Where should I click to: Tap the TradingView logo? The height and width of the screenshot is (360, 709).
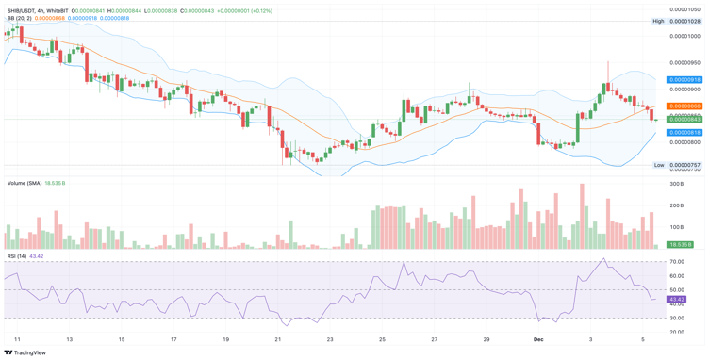[25, 352]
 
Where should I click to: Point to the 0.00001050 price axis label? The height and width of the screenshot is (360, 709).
[684, 9]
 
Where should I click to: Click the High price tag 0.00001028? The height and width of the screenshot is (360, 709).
[684, 21]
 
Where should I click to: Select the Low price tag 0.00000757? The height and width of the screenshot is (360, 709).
[684, 165]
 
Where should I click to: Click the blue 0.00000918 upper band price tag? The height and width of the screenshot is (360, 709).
[684, 80]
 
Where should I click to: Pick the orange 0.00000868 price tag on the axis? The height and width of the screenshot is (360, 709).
[684, 106]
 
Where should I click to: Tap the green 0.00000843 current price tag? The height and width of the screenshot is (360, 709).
[684, 120]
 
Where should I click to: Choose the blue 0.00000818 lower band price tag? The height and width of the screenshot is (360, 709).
[684, 133]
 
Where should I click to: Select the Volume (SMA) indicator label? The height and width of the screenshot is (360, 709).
[25, 183]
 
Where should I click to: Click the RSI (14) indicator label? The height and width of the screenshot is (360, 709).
[18, 256]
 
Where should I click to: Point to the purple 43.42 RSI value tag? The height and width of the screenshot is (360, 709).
[676, 300]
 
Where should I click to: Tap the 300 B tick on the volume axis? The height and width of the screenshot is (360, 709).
[676, 184]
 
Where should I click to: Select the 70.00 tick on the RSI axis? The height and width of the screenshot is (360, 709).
[677, 262]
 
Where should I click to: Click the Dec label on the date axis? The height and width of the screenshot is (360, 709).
[538, 338]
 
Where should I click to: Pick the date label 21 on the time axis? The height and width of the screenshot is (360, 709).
[278, 338]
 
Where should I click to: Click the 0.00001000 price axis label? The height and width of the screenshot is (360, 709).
[684, 36]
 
